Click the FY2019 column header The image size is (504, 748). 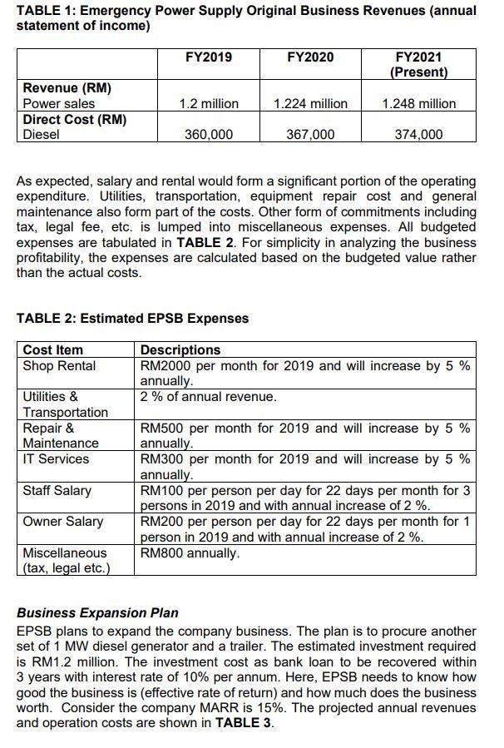209,57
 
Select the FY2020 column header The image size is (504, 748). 310,57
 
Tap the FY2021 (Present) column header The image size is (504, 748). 419,64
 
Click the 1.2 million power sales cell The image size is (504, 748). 209,104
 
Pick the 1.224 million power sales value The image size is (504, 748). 310,104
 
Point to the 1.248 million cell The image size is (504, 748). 419,104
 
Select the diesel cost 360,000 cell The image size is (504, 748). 209,134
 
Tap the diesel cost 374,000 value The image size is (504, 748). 419,134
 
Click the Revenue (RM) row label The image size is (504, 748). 67,88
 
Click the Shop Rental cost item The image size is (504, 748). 59,366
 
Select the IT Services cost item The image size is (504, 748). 56,458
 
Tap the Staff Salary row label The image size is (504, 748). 57,490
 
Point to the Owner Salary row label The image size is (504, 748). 63,522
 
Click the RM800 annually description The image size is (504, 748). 190,552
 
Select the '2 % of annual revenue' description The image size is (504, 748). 208,397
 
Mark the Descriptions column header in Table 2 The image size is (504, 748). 180,349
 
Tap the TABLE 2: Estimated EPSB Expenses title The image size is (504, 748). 132,318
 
